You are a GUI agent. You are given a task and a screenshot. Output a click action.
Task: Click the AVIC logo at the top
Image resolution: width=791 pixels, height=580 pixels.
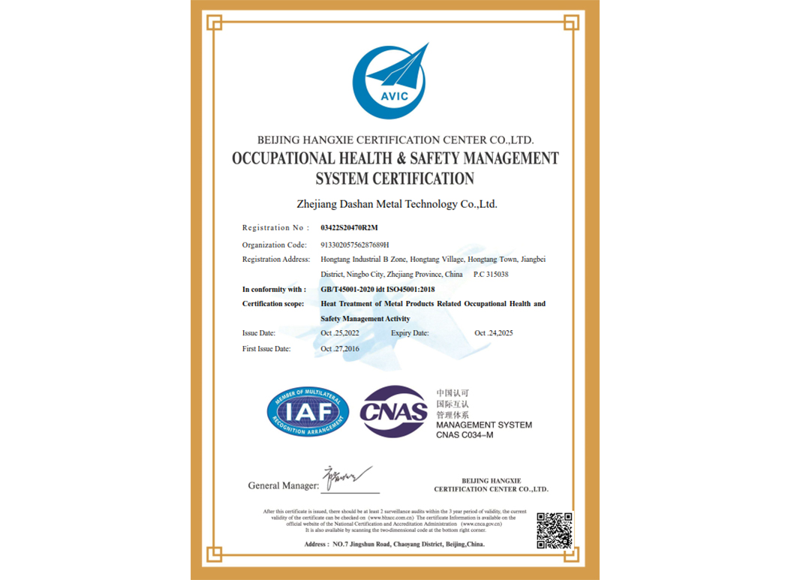click(x=389, y=81)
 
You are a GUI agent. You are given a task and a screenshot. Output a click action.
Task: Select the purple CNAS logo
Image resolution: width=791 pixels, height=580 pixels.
click(x=393, y=411)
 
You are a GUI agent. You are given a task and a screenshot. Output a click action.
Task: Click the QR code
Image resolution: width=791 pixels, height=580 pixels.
click(x=555, y=530)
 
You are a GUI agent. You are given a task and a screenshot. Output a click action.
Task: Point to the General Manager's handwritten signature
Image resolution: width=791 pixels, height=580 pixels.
click(x=347, y=477)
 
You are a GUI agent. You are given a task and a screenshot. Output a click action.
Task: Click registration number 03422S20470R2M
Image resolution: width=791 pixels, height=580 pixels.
click(x=350, y=227)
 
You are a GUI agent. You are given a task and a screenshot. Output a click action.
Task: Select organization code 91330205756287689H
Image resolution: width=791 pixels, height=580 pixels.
click(x=354, y=245)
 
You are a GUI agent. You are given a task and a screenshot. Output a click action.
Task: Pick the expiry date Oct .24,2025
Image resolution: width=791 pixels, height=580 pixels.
click(x=494, y=332)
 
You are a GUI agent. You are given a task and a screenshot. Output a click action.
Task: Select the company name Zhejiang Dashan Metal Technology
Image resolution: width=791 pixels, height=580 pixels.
click(x=396, y=203)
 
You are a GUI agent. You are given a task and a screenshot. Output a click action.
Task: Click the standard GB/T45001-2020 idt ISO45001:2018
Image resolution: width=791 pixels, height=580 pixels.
click(x=377, y=289)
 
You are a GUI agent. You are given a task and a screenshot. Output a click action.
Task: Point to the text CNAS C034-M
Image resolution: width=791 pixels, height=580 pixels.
click(x=470, y=435)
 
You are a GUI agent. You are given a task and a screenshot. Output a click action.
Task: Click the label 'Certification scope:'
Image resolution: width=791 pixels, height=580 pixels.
click(x=273, y=304)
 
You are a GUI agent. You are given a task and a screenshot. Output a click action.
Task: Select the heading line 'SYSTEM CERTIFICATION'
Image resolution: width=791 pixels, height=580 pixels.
click(x=395, y=179)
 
